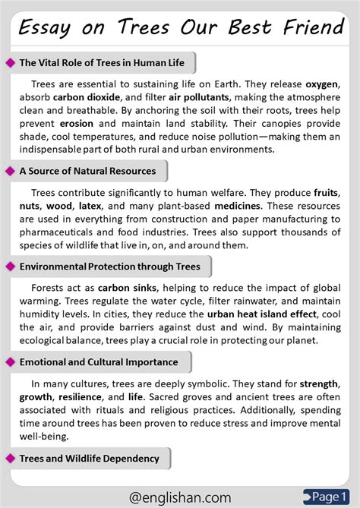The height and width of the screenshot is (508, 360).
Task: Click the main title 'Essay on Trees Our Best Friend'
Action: [180, 27]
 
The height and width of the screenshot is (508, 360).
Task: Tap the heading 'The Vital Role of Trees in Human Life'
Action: [103, 62]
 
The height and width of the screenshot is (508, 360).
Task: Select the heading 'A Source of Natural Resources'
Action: [88, 171]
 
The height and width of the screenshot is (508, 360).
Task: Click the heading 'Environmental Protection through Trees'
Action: [110, 267]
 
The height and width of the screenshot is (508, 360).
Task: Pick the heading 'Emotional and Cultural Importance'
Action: [99, 362]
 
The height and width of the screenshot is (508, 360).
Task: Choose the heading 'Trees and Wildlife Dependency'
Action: [90, 458]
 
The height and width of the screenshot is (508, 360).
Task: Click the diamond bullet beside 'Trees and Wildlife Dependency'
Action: [11, 458]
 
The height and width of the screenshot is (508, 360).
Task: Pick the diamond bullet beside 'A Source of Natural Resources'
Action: [11, 171]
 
